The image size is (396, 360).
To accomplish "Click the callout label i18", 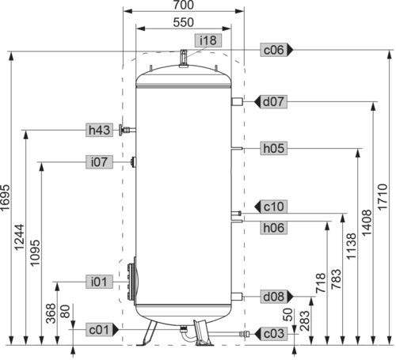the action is (208, 40).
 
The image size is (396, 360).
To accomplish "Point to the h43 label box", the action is (99, 130).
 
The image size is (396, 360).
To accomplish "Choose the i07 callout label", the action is (99, 161).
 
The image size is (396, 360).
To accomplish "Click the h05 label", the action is (273, 148).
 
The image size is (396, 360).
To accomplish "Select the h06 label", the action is (273, 228).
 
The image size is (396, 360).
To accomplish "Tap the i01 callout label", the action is (99, 282).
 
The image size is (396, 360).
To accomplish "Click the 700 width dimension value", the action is (184, 5).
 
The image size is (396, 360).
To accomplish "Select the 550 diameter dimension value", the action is (184, 22).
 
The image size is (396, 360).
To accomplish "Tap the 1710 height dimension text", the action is (383, 197).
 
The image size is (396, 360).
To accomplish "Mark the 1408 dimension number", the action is (367, 222).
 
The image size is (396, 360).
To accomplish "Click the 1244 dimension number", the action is (19, 237).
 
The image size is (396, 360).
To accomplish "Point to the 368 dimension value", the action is (51, 313).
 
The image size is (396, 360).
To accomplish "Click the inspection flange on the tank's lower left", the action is (131, 281).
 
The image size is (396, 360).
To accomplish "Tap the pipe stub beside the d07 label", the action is (237, 101).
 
